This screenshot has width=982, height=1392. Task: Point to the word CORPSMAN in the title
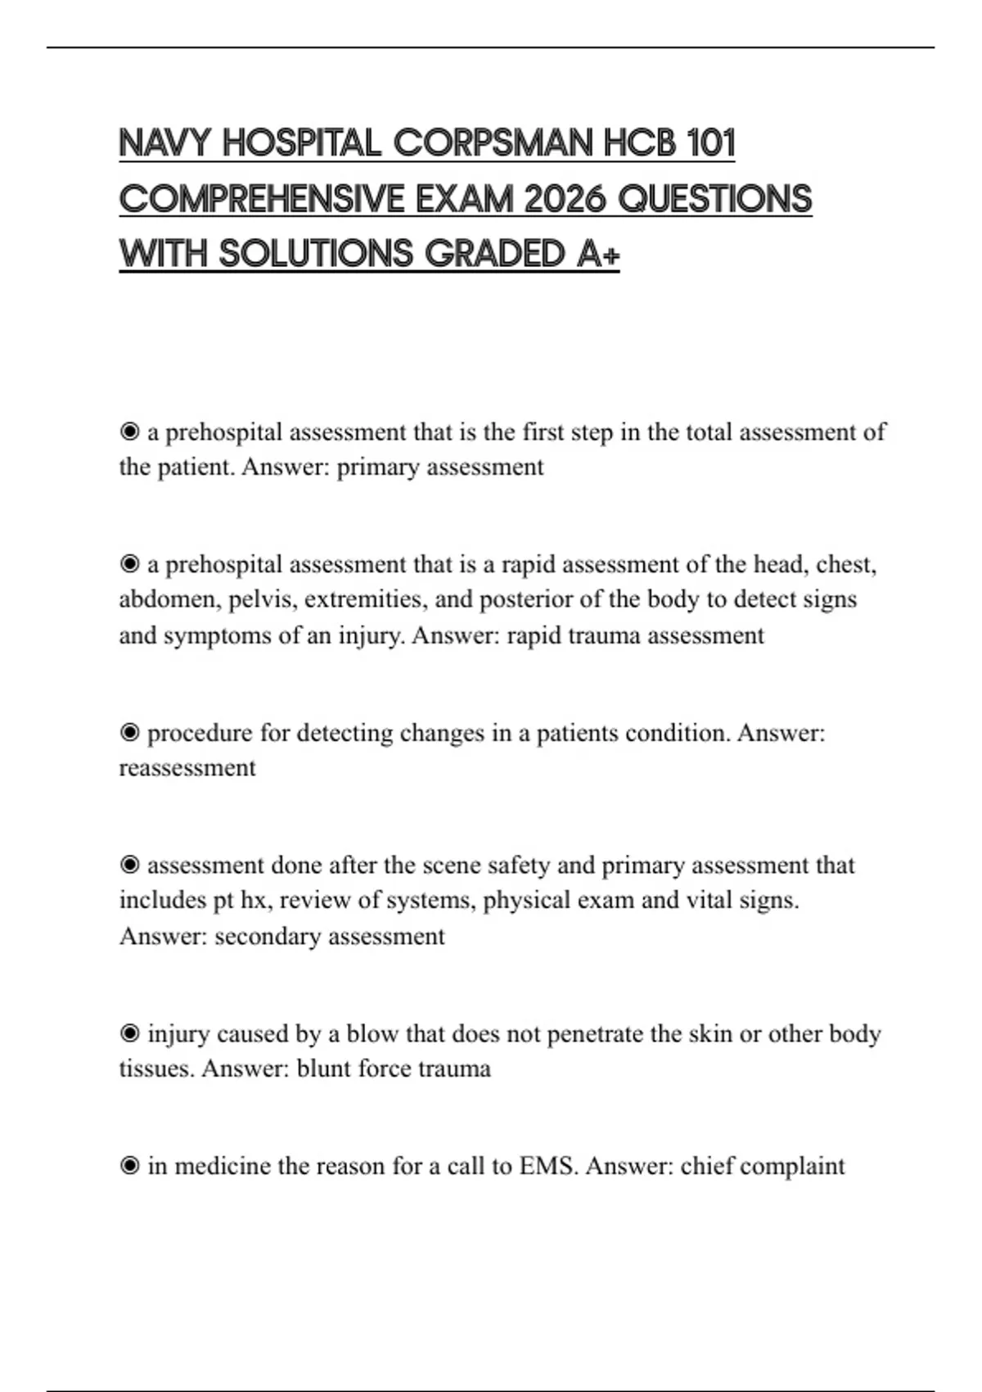click(x=493, y=143)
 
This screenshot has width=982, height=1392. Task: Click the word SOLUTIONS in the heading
click(x=316, y=254)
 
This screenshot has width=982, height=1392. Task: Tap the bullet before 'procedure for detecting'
click(x=129, y=733)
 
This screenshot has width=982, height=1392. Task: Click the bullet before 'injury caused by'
click(x=129, y=1033)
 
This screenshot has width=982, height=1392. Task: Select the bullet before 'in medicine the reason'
click(x=129, y=1165)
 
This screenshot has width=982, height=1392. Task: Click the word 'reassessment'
click(x=187, y=768)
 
